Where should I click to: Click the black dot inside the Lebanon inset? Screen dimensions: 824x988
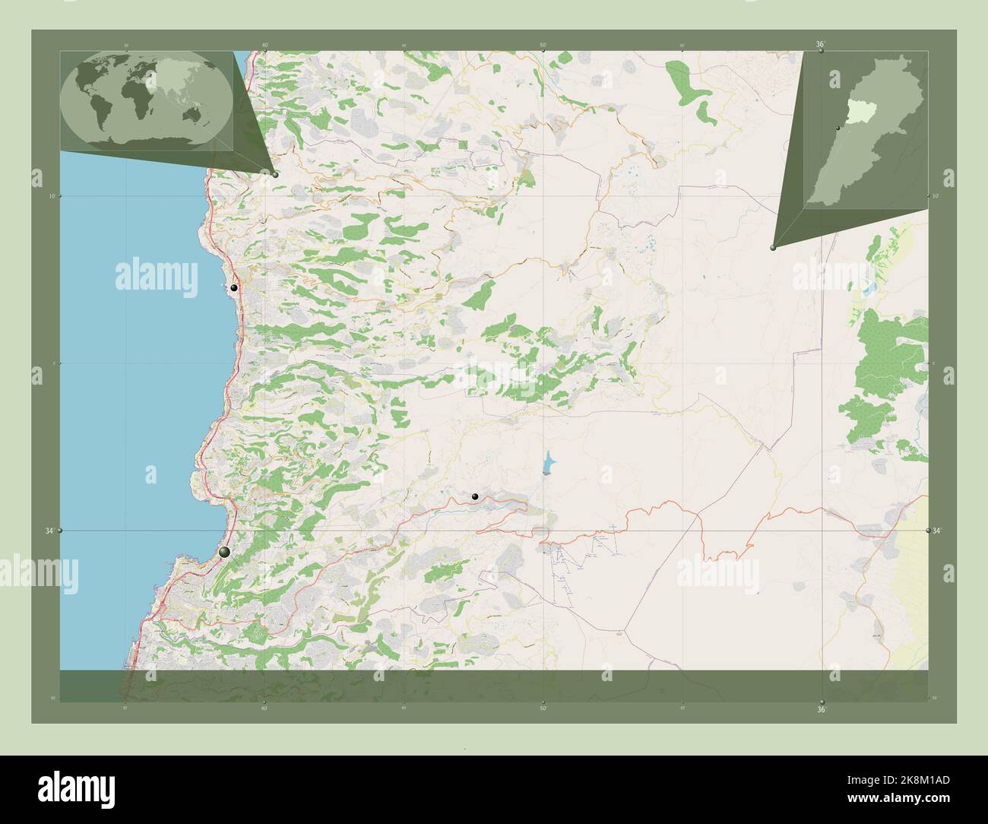pyautogui.click(x=837, y=128)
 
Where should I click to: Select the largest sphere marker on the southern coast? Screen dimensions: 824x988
pyautogui.click(x=223, y=553)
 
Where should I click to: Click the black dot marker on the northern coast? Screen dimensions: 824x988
pyautogui.click(x=234, y=288)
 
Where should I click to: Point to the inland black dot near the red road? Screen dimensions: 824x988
pyautogui.click(x=475, y=496)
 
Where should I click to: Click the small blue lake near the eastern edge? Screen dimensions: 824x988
pyautogui.click(x=869, y=290)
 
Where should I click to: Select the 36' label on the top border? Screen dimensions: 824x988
pyautogui.click(x=821, y=45)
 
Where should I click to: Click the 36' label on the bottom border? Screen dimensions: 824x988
pyautogui.click(x=821, y=710)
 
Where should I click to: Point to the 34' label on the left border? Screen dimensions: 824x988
pyautogui.click(x=49, y=531)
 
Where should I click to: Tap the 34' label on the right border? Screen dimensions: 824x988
pyautogui.click(x=937, y=531)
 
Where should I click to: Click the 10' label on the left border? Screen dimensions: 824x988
pyautogui.click(x=52, y=196)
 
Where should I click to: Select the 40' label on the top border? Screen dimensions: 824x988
pyautogui.click(x=264, y=45)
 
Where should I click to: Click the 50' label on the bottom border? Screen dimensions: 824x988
pyautogui.click(x=543, y=708)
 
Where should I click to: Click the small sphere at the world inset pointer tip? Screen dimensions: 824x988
pyautogui.click(x=275, y=175)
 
